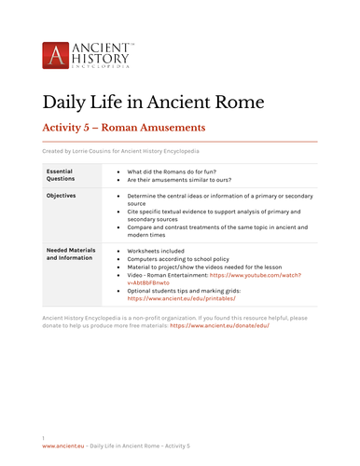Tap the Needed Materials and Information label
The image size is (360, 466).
click(71, 254)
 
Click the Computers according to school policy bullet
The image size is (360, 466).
click(183, 260)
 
